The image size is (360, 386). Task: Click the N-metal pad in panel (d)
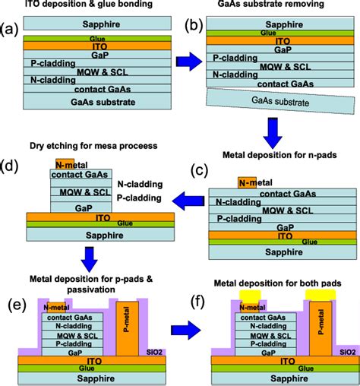coord(65,166)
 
